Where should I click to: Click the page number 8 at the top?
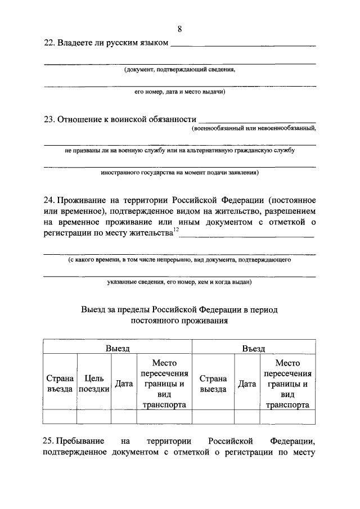pyautogui.click(x=179, y=29)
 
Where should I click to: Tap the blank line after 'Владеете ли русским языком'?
pyautogui.click(x=242, y=45)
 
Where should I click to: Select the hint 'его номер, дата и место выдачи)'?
pyautogui.click(x=179, y=92)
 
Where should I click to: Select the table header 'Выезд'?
pyautogui.click(x=118, y=348)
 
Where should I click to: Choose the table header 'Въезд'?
pyautogui.click(x=253, y=348)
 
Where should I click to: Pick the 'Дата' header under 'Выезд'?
pyautogui.click(x=124, y=384)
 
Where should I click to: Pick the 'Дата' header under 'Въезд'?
pyautogui.click(x=246, y=384)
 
